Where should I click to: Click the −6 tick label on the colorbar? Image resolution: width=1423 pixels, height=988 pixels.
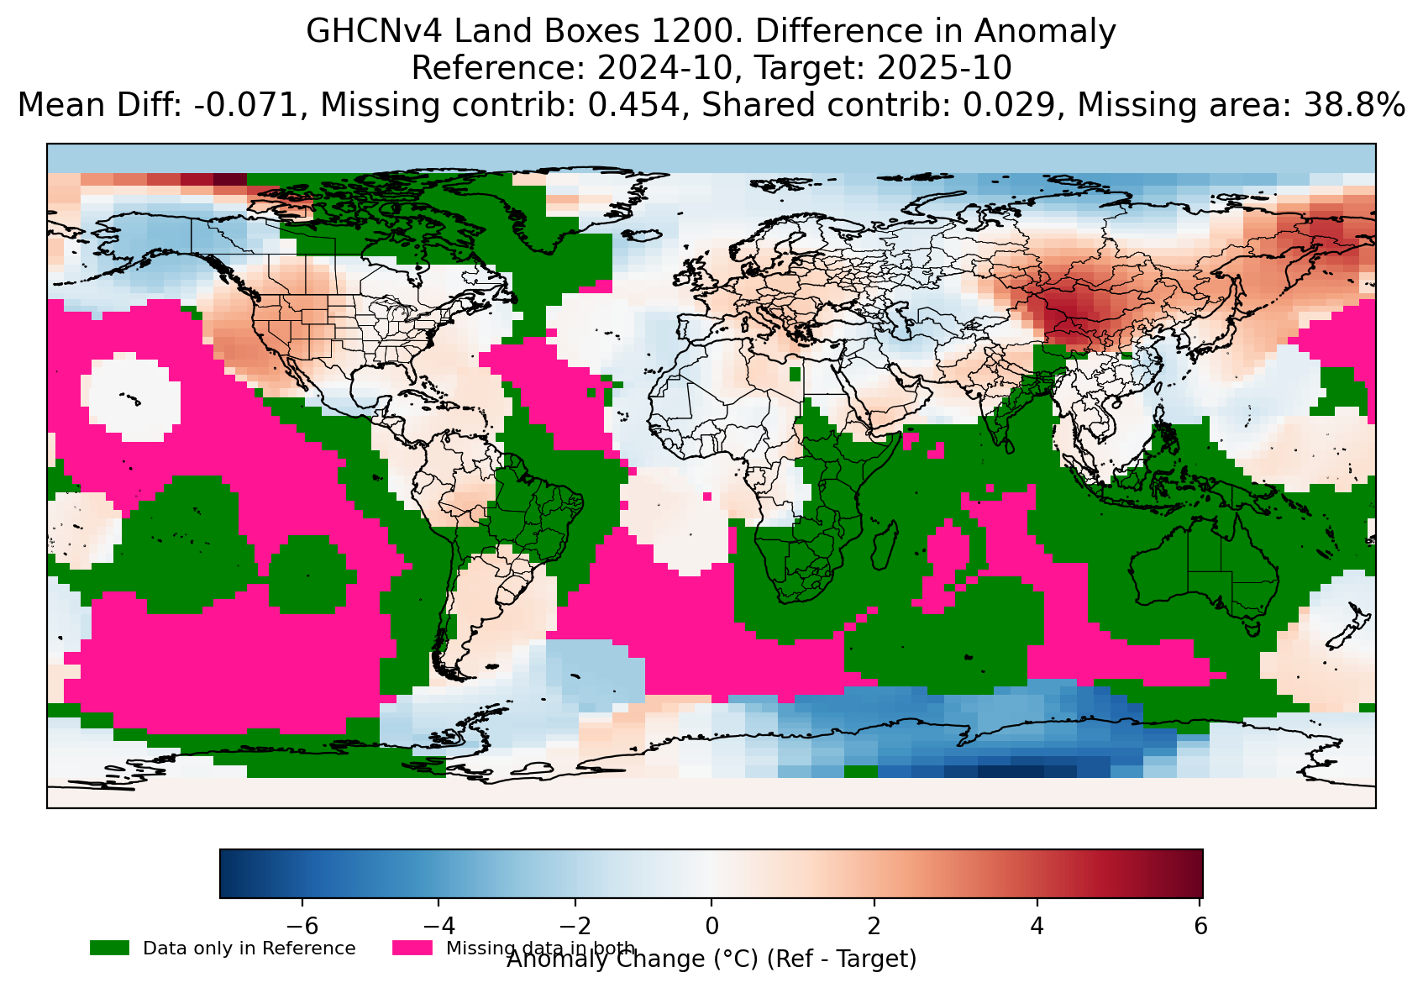tap(302, 926)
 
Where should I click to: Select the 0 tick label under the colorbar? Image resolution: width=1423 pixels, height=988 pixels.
tap(711, 926)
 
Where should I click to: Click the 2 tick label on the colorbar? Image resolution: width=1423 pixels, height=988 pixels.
tap(874, 926)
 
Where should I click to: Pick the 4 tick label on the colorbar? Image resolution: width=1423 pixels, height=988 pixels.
tap(1037, 926)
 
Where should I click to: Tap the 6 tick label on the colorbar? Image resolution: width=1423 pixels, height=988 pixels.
tap(1200, 926)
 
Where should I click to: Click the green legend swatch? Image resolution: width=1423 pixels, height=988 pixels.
tap(109, 948)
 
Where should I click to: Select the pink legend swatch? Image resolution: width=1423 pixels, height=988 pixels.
tap(412, 948)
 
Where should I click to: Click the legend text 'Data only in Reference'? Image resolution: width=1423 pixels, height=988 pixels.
tap(249, 949)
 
